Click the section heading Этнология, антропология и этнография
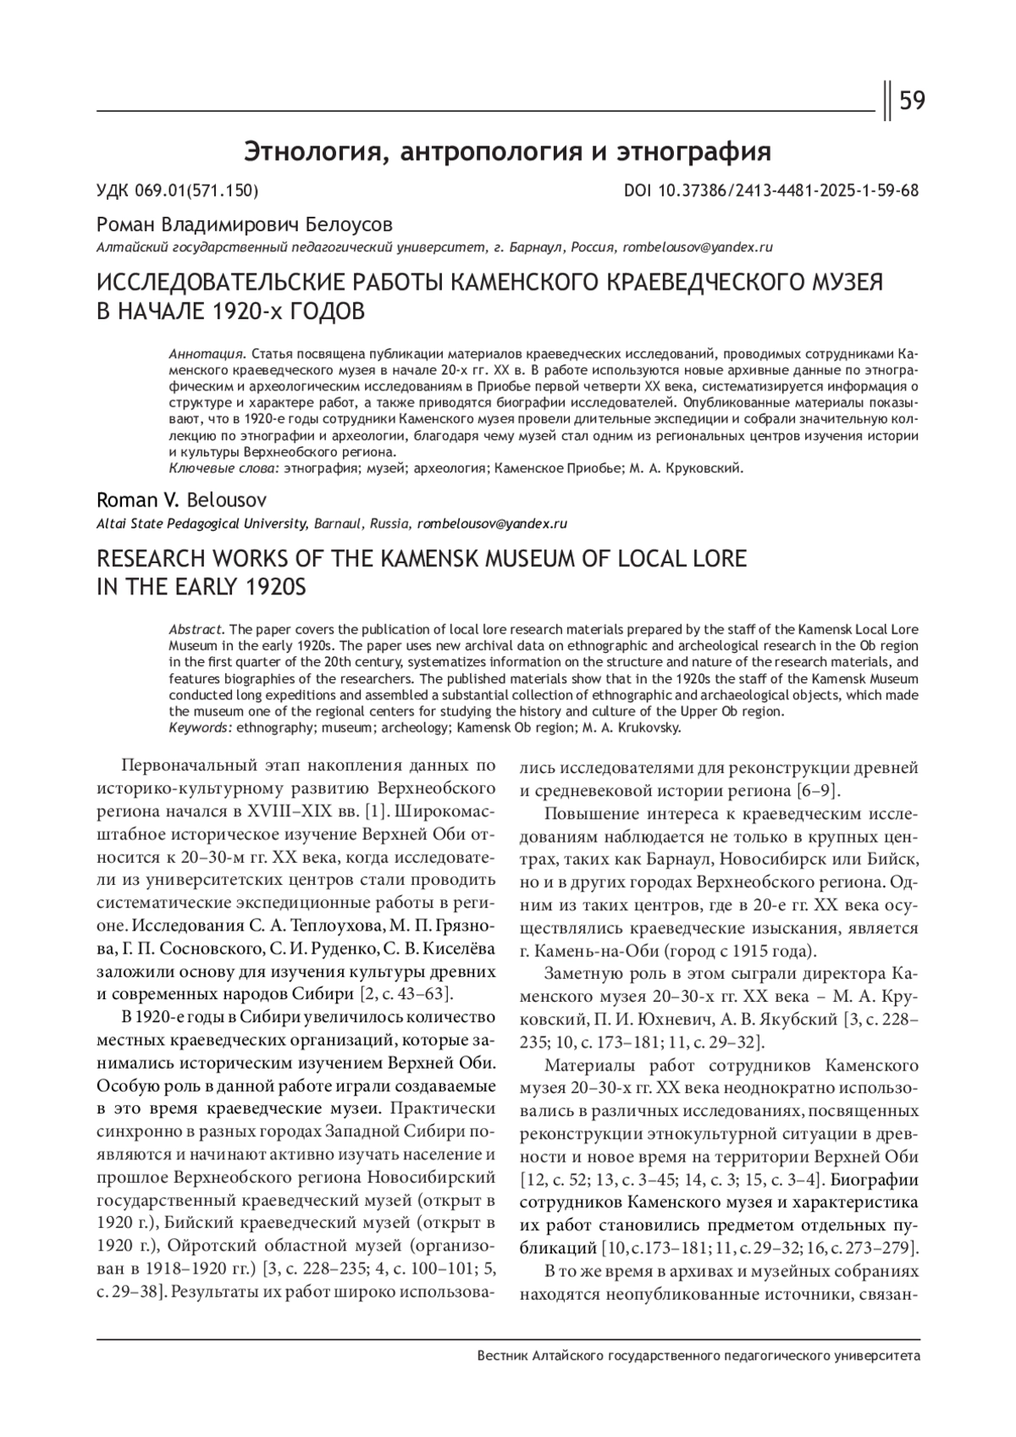coord(508,152)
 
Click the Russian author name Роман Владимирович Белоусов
coord(245,224)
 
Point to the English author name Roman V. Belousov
coord(182,500)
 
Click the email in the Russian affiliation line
coord(698,247)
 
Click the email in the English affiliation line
coord(492,523)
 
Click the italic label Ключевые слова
coord(224,467)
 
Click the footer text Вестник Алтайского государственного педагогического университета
coord(698,1356)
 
